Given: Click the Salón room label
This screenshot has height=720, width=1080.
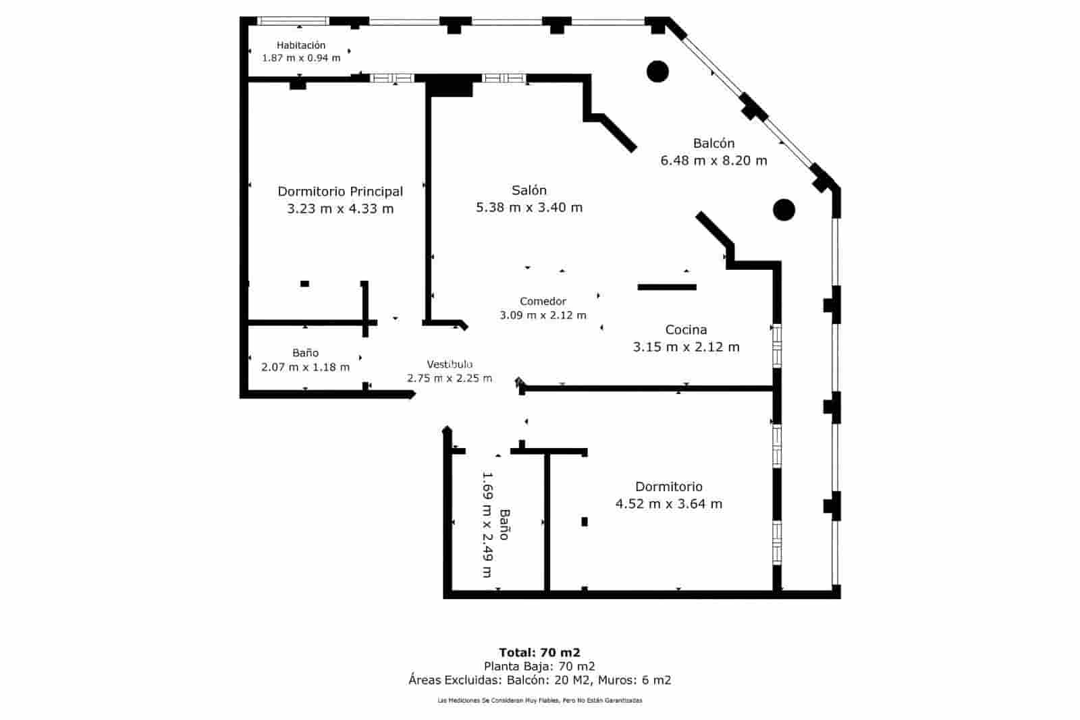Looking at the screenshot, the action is point(529,190).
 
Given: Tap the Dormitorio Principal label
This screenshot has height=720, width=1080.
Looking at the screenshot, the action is point(340,192).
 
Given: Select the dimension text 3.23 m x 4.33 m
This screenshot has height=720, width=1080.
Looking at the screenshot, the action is point(340,209).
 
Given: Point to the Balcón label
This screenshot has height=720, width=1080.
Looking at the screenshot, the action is point(713,143).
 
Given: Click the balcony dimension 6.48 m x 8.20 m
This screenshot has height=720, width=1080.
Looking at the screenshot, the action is point(713,161).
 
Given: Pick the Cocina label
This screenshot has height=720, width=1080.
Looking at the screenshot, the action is point(686,330).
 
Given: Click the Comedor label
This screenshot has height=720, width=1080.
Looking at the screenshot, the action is point(543,301).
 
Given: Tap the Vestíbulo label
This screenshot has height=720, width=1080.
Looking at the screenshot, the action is point(450,364).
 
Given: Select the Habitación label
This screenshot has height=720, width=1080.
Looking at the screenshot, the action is point(301,45).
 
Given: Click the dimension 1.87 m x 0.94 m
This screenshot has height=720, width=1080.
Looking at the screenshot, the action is point(301,58).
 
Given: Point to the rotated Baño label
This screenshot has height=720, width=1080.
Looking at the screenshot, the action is point(504,524).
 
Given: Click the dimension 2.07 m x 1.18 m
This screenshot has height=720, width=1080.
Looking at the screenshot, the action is point(305,367).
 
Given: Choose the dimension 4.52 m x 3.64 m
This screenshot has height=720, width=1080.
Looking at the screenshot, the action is point(669,503).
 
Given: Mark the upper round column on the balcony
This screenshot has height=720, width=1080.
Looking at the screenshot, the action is point(657,72).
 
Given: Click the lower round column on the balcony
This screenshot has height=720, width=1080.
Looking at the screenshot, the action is point(784,210).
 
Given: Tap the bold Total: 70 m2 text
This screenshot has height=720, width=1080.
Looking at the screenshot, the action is point(539,653).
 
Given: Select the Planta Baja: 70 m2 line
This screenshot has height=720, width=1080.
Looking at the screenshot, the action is point(539,667).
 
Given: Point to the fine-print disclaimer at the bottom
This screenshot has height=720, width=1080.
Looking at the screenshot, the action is point(539,700).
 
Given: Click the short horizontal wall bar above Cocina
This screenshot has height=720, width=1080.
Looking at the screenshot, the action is point(667,287).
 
